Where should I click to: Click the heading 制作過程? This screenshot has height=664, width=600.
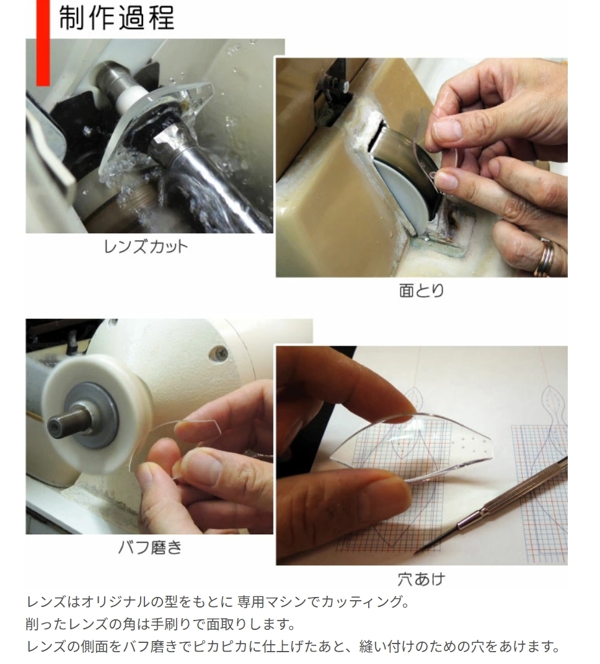(117, 18)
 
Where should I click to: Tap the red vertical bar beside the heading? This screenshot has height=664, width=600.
(43, 42)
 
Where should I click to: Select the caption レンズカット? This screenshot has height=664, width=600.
(146, 247)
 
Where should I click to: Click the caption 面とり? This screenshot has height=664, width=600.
(421, 291)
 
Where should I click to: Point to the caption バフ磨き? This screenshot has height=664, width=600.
(150, 547)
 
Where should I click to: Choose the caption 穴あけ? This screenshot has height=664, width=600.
(421, 579)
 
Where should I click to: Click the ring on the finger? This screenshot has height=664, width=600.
(545, 258)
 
